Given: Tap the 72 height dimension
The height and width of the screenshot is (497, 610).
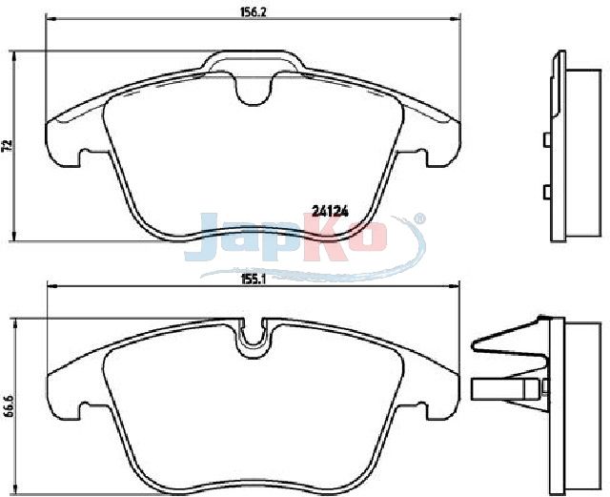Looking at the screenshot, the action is click(8, 145).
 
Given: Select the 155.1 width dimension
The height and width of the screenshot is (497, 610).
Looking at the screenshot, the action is click(253, 280).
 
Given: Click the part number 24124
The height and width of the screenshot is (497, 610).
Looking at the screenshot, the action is click(330, 211).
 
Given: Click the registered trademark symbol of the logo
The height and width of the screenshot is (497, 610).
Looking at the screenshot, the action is click(418, 218).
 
